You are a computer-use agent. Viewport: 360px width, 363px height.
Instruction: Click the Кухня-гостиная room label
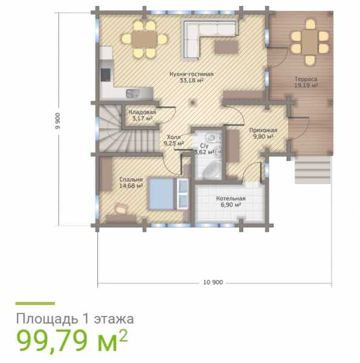point(191,77)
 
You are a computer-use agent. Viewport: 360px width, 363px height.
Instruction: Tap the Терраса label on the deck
point(306,82)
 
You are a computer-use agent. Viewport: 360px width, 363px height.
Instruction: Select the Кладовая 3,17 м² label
point(142,116)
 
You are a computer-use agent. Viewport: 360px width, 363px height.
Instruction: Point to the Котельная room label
point(231,201)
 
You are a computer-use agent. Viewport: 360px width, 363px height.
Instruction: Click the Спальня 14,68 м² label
point(131,183)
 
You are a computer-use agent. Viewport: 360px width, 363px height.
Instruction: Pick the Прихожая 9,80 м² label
point(263,133)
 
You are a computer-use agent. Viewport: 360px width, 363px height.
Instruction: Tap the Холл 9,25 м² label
point(174,140)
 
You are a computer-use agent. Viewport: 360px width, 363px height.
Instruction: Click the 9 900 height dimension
point(57,121)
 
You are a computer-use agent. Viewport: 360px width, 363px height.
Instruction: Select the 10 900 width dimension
point(213,282)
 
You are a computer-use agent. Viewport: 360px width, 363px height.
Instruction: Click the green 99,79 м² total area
point(72,341)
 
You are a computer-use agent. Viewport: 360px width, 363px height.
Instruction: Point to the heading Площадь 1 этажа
point(75,319)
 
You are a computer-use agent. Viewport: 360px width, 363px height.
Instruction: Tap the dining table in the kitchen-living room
point(145,39)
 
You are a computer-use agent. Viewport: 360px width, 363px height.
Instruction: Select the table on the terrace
point(310,42)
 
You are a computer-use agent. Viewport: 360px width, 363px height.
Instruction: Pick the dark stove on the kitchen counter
point(105,75)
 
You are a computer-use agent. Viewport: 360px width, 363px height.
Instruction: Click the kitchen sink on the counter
point(133,94)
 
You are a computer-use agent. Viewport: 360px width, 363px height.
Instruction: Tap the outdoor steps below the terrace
point(313,169)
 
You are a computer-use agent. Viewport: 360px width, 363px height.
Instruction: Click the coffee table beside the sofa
point(226,47)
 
